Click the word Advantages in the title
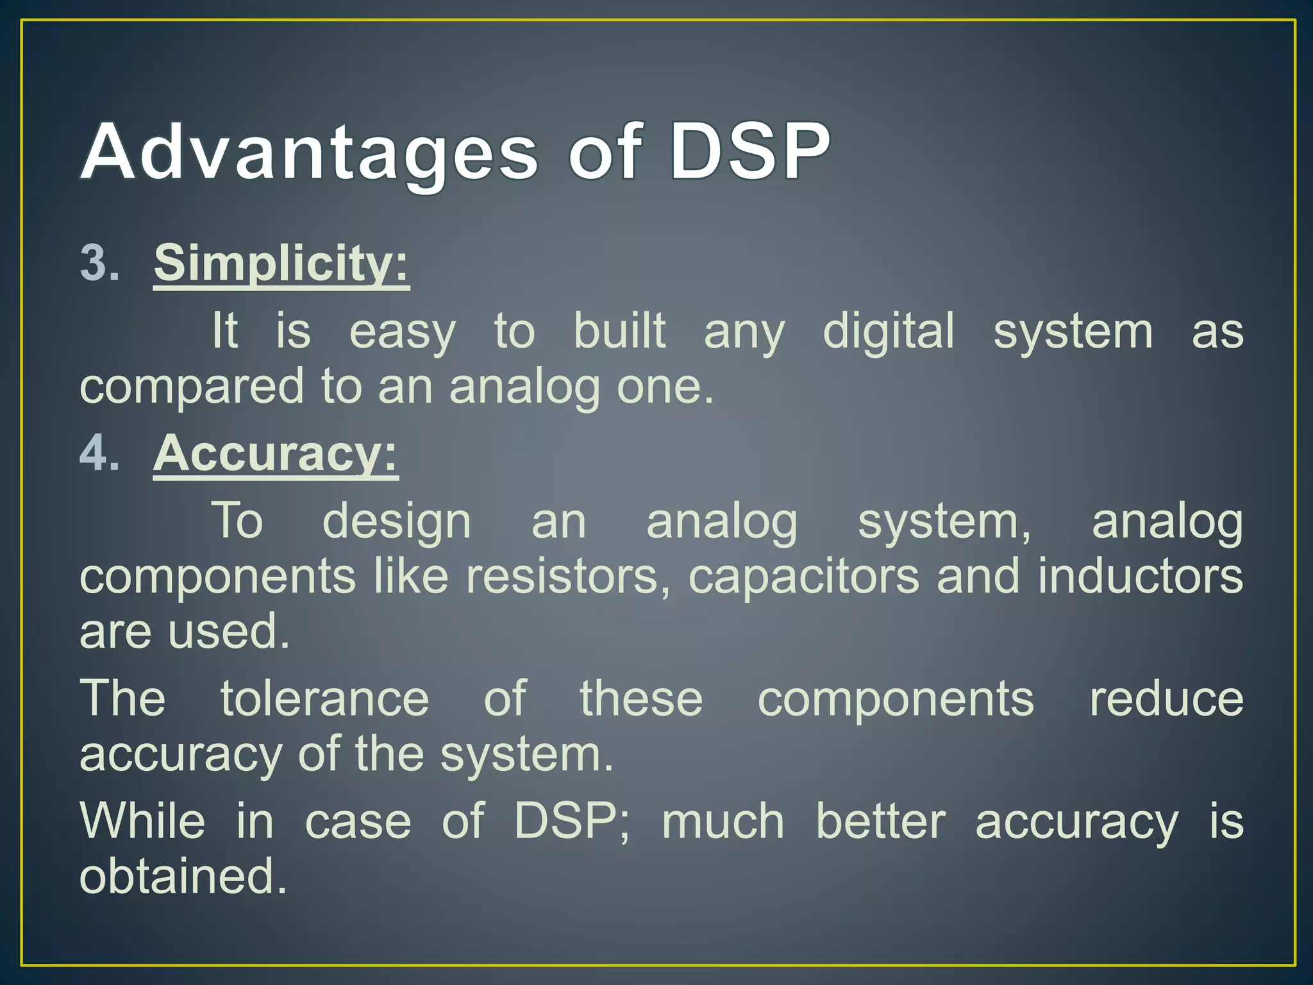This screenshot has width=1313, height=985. pos(308,154)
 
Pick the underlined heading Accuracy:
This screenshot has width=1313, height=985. pos(275,453)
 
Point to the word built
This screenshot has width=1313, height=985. pos(619,331)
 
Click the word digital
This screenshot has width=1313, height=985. pos(889,331)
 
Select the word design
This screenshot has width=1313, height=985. pos(397,521)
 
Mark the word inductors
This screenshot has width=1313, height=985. pos(1141,576)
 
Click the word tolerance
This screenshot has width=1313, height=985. pos(324,698)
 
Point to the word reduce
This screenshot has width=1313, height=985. pos(1166,698)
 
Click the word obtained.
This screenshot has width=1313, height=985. pos(183,877)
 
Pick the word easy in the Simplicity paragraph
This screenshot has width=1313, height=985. pos(403,332)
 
